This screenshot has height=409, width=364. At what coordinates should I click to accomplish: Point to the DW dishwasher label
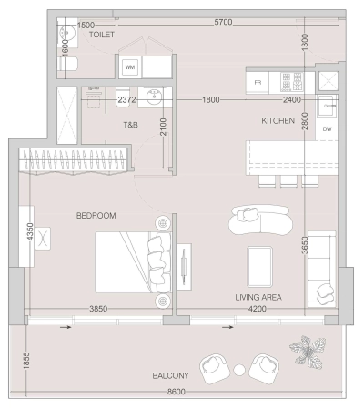point(328,129)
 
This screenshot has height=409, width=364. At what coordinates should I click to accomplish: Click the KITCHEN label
point(279,120)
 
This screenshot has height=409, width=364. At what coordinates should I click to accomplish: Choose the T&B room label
point(130,125)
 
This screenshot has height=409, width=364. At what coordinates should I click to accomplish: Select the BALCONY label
point(171,375)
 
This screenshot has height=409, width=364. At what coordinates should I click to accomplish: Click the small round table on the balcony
point(240,370)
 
